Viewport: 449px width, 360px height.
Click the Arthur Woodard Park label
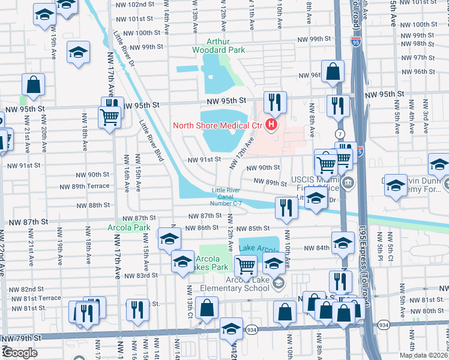(218, 46)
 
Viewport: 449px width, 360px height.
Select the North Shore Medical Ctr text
(218, 125)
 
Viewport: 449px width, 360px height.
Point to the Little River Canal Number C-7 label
(229, 199)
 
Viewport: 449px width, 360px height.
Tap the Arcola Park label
(128, 228)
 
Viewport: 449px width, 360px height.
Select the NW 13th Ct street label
(188, 313)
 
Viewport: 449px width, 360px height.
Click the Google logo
(19, 353)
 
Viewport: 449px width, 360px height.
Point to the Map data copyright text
(424, 355)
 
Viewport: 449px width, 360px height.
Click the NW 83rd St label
(142, 275)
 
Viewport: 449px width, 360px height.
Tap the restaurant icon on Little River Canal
(286, 207)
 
